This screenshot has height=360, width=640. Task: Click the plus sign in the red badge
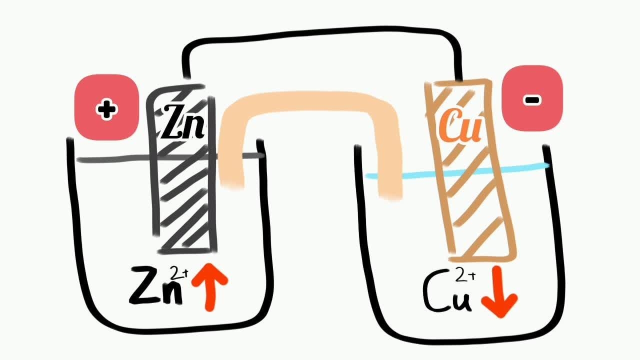tap(106, 109)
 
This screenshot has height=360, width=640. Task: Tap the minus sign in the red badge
tap(532, 100)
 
